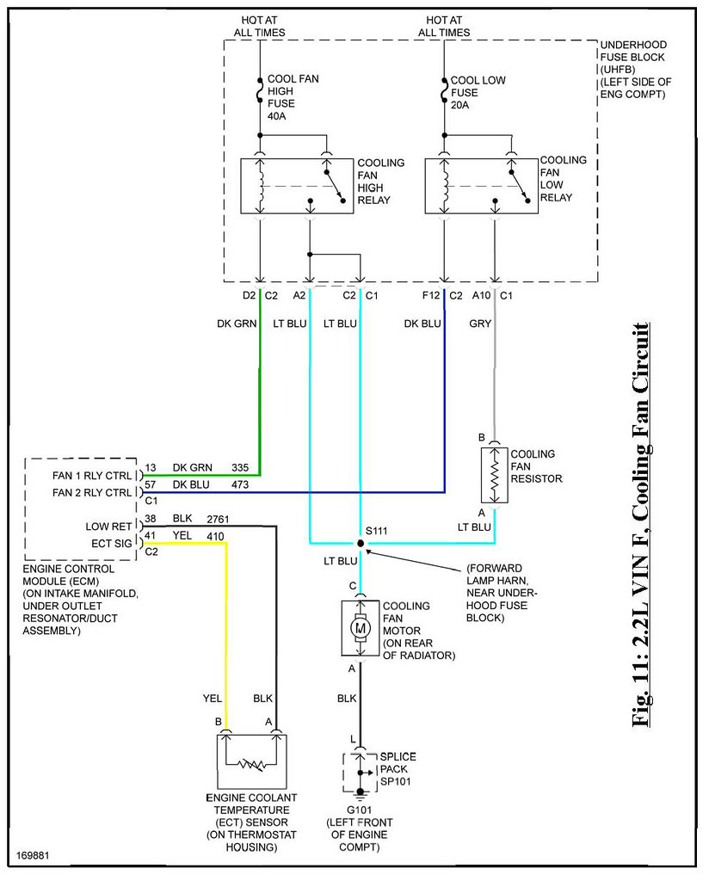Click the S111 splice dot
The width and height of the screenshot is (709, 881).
tap(361, 544)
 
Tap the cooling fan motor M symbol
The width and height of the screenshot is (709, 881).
tap(361, 628)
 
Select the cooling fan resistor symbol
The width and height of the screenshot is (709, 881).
tap(495, 475)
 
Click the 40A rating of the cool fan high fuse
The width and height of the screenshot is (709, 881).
tap(277, 116)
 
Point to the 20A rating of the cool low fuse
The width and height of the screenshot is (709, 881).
tap(459, 104)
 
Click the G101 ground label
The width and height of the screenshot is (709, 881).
tap(359, 810)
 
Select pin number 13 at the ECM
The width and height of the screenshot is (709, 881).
tap(151, 467)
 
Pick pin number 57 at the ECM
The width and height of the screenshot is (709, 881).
tap(150, 484)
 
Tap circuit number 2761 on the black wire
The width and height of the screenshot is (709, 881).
tap(218, 519)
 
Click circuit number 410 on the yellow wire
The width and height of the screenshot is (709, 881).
tap(215, 536)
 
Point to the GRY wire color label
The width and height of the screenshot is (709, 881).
tap(480, 323)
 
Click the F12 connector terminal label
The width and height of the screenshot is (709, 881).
tap(431, 295)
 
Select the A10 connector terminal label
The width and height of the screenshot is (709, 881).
tap(482, 295)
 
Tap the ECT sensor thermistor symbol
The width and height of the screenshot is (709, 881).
tap(251, 764)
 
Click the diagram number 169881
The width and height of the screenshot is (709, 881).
tap(33, 856)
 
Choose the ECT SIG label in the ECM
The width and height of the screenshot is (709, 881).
tap(112, 544)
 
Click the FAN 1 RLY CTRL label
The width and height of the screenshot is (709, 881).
tap(92, 475)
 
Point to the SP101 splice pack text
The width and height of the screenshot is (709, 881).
tap(396, 781)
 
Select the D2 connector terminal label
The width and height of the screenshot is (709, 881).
tap(249, 295)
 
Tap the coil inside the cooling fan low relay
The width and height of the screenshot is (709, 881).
tap(446, 186)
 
